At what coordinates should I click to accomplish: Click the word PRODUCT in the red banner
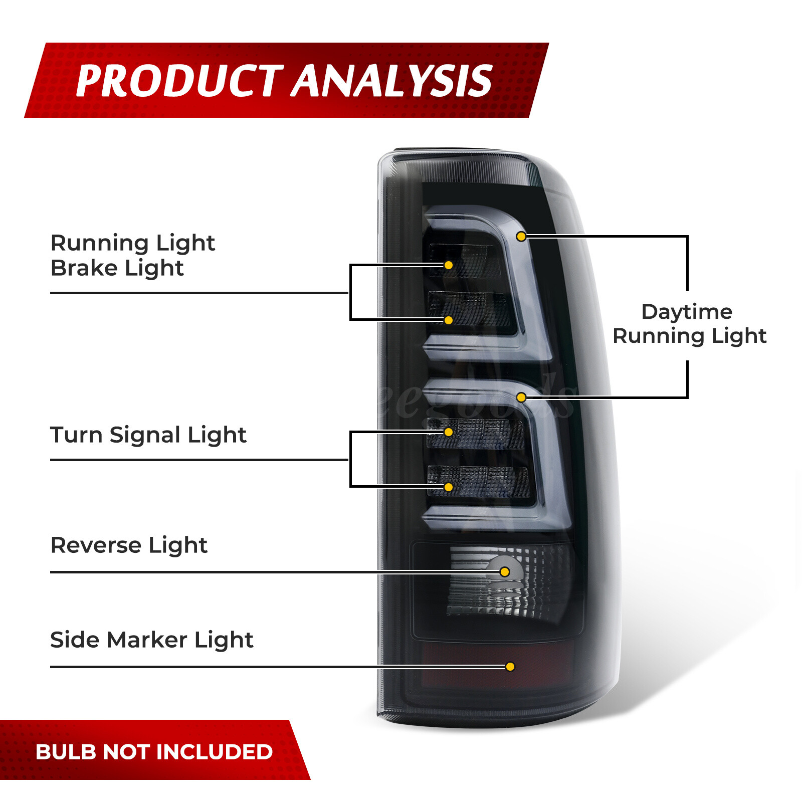[x=179, y=81]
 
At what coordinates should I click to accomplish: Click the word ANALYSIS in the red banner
[x=392, y=81]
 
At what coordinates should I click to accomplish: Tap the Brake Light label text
[x=117, y=269]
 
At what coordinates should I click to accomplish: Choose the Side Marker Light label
[x=152, y=640]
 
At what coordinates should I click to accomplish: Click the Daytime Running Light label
[x=690, y=324]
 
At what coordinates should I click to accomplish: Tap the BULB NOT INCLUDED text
[x=154, y=752]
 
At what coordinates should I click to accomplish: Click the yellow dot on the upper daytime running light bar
[x=521, y=236]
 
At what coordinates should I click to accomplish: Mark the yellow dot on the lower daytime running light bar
[x=521, y=397]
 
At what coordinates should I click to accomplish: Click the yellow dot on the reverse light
[x=505, y=572]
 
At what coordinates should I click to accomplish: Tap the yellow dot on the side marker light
[x=510, y=667]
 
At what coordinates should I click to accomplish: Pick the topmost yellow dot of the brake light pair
[x=449, y=265]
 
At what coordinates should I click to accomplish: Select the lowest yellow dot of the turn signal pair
[x=449, y=487]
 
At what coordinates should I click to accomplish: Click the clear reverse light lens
[x=509, y=581]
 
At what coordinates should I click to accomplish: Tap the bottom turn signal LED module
[x=479, y=482]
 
